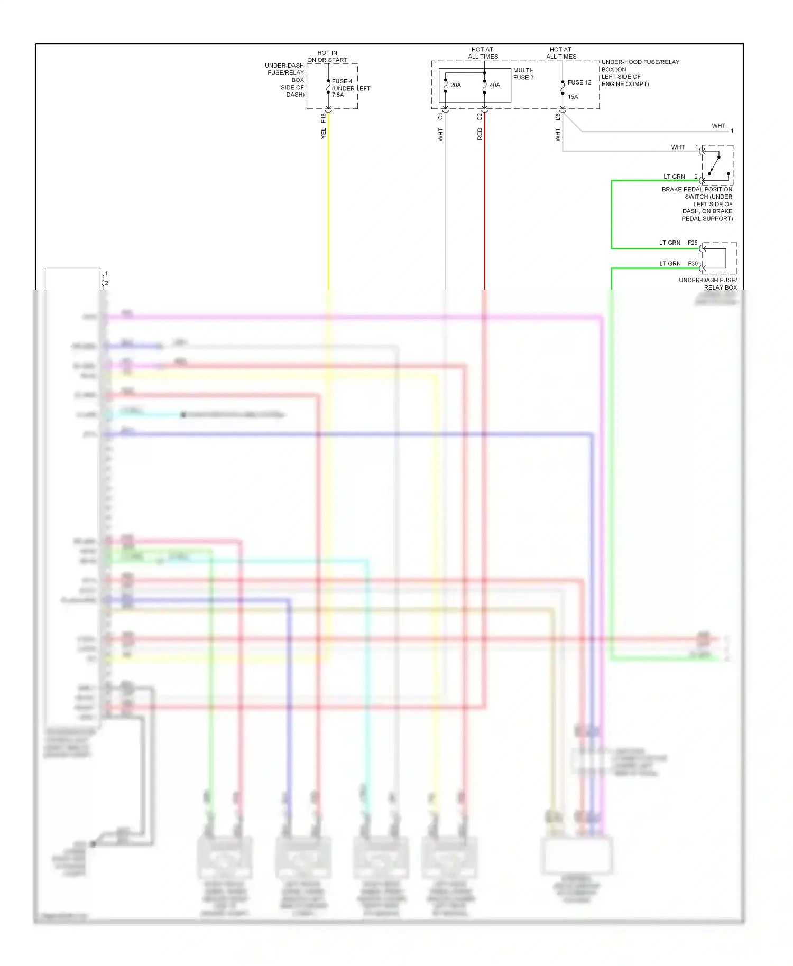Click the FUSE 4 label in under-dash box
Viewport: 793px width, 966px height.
point(342,81)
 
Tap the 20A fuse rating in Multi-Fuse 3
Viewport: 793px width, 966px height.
point(455,85)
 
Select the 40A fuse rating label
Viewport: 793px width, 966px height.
point(494,85)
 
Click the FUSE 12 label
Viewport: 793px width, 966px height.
point(579,82)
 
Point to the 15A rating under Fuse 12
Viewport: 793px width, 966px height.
point(573,97)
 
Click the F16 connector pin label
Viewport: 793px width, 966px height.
point(323,117)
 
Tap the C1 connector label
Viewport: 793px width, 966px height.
point(440,116)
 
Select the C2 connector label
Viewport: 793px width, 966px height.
point(480,116)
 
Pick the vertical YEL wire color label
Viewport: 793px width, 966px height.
point(323,134)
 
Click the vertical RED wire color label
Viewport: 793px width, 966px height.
point(480,134)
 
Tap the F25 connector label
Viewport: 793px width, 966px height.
point(692,243)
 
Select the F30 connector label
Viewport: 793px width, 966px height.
point(692,263)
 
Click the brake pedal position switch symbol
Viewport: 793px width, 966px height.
point(717,164)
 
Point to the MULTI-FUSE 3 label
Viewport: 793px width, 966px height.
point(523,73)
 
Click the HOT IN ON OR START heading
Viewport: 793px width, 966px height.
point(327,56)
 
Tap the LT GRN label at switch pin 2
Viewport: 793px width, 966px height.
point(674,177)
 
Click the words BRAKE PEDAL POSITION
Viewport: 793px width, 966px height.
point(697,189)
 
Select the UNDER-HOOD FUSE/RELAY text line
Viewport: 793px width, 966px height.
point(640,62)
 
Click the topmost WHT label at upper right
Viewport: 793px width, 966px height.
point(718,126)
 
